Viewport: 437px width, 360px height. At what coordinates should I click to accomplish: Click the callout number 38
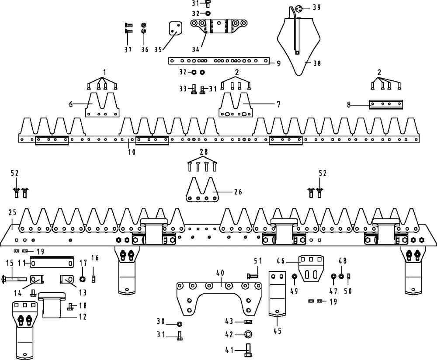click(x=317, y=63)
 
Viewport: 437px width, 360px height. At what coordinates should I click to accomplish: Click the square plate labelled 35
click(x=175, y=30)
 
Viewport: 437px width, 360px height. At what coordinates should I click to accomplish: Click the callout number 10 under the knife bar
click(x=132, y=152)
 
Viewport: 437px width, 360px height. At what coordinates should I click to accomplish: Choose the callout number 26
click(x=238, y=192)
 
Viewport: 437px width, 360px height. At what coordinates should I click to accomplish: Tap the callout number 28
click(x=203, y=152)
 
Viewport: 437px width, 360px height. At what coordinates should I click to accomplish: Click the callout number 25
click(x=12, y=213)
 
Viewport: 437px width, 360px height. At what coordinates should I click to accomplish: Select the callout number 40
click(x=220, y=273)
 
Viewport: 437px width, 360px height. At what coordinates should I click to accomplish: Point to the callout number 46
click(x=281, y=261)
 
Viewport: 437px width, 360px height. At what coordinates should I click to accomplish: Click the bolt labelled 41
click(x=247, y=350)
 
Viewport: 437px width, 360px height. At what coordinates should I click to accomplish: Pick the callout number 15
click(x=10, y=263)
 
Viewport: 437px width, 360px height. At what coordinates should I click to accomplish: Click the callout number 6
click(x=71, y=104)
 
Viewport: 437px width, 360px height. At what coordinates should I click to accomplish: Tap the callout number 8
click(x=349, y=105)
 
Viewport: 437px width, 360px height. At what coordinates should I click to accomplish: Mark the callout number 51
click(x=258, y=261)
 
